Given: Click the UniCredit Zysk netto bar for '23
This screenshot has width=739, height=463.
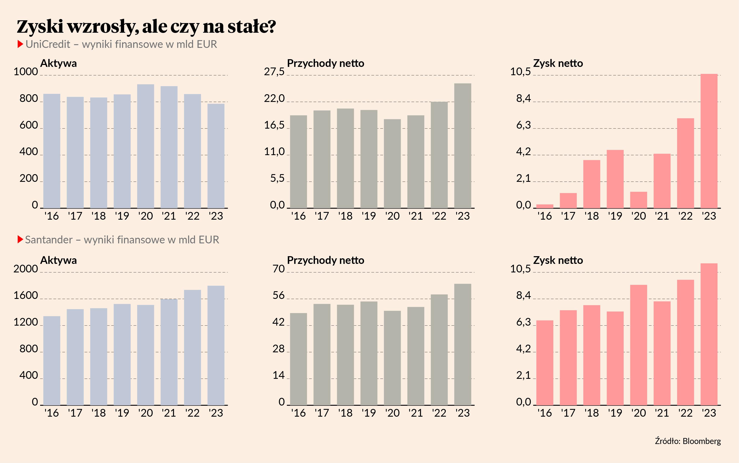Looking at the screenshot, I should click(x=709, y=141).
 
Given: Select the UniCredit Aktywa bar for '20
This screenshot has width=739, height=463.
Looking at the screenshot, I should click(x=145, y=146).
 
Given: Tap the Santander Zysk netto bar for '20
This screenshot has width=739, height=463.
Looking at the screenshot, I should click(x=638, y=345).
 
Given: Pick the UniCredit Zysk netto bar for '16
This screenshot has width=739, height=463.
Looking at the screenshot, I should click(x=545, y=206).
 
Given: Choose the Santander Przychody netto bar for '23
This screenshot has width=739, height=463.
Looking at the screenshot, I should click(x=463, y=344).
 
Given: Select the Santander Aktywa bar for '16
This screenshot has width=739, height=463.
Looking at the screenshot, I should click(x=52, y=360).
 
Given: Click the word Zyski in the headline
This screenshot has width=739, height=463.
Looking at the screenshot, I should click(x=40, y=27).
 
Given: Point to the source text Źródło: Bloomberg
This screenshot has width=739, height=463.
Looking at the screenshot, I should click(x=688, y=441).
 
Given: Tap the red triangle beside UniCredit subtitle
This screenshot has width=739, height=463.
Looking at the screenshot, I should click(x=20, y=44).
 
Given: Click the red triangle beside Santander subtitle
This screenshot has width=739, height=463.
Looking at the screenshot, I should click(x=20, y=240).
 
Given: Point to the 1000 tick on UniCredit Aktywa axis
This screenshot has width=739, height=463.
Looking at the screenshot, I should click(x=25, y=72).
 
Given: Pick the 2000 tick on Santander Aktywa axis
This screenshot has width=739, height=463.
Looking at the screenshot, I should click(x=25, y=269).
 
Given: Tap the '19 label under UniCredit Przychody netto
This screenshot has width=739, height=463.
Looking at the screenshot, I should click(x=369, y=216).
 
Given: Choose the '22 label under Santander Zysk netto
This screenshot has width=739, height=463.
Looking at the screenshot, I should click(x=685, y=413).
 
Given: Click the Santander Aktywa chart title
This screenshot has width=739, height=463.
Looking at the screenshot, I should click(x=59, y=260).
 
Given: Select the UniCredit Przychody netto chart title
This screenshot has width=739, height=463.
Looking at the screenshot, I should click(x=325, y=63).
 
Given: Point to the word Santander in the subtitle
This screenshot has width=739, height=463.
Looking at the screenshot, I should click(x=49, y=240).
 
